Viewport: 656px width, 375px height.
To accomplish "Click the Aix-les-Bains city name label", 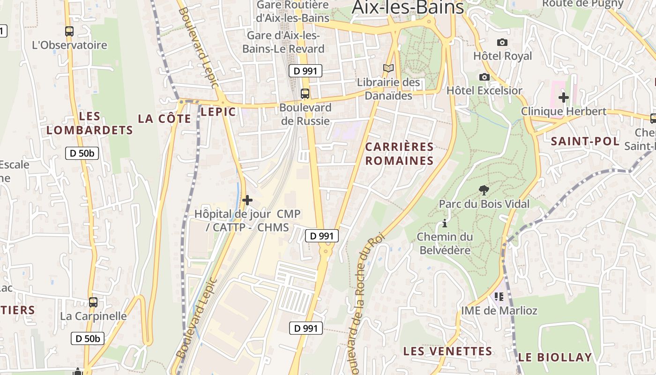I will pyautogui.click(x=408, y=7).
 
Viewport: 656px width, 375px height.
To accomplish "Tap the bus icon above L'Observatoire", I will pyautogui.click(x=69, y=31).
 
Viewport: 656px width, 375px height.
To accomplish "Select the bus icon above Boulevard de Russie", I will pyautogui.click(x=305, y=94).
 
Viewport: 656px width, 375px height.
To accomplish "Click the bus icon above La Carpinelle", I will pyautogui.click(x=93, y=302).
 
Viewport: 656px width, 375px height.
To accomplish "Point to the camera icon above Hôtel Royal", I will pyautogui.click(x=502, y=42).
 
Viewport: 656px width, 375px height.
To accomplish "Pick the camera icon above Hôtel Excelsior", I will pyautogui.click(x=485, y=77).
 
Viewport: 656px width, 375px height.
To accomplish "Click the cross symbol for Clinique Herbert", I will pyautogui.click(x=564, y=97).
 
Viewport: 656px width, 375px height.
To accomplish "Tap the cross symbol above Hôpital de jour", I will pyautogui.click(x=247, y=200).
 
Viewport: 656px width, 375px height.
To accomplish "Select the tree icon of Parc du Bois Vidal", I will pyautogui.click(x=484, y=190).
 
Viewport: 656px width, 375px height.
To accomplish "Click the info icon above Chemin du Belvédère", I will pyautogui.click(x=445, y=223).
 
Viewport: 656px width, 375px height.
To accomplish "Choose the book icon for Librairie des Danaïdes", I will pyautogui.click(x=388, y=68).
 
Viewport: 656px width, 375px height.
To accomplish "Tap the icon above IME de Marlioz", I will pyautogui.click(x=499, y=296).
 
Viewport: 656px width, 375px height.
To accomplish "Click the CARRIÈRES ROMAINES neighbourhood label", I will pyautogui.click(x=399, y=154).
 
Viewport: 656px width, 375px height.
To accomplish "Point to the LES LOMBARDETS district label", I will pyautogui.click(x=90, y=123).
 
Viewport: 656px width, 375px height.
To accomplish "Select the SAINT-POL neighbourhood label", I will pyautogui.click(x=585, y=141).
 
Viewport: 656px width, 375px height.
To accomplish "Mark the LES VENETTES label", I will pyautogui.click(x=447, y=351).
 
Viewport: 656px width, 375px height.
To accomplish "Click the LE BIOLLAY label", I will pyautogui.click(x=555, y=357).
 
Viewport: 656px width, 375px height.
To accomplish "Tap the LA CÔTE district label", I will pyautogui.click(x=164, y=119).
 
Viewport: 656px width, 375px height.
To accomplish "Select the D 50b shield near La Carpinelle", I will pyautogui.click(x=88, y=338).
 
